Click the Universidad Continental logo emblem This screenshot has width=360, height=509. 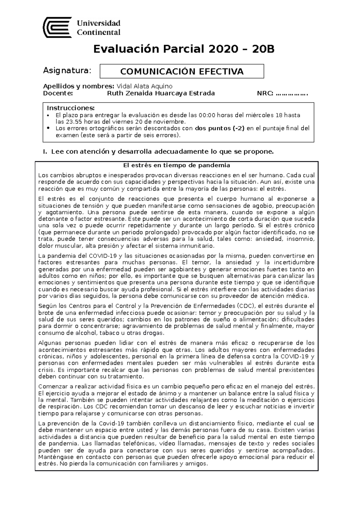click(57, 27)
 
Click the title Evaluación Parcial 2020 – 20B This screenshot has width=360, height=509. click(184, 49)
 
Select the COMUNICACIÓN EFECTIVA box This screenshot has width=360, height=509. click(182, 71)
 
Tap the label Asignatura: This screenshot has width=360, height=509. click(67, 71)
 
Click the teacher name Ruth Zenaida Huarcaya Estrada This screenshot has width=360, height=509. click(161, 93)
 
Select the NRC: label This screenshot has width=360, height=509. click(265, 94)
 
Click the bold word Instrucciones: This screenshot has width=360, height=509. click(71, 108)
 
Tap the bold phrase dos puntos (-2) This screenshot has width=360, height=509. click(220, 128)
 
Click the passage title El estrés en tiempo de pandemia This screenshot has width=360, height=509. click(177, 165)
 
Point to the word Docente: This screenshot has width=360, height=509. click(58, 93)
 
